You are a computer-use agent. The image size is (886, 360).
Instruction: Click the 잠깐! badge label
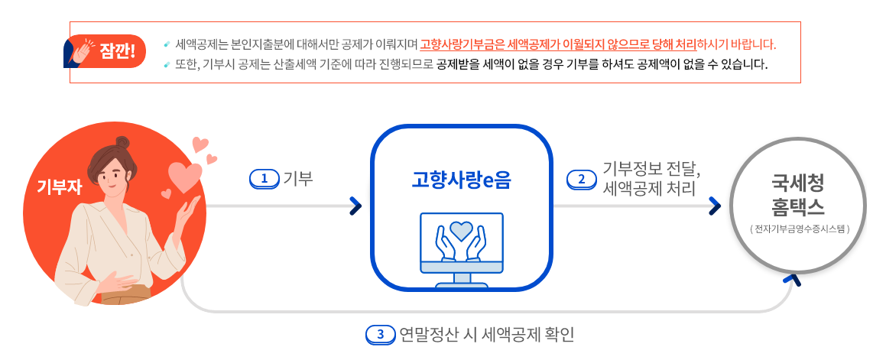117,52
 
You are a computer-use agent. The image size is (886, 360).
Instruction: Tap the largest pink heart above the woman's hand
183,177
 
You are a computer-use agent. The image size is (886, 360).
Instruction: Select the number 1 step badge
265,179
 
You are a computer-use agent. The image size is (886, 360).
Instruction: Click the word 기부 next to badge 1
298,179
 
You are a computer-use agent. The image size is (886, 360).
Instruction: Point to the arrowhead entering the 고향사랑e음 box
355,206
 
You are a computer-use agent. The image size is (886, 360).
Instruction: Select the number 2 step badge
581,179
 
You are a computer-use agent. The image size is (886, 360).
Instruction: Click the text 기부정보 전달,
651,168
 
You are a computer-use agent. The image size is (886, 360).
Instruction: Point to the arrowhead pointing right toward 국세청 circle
716,206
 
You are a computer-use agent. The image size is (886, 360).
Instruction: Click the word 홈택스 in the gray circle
798,206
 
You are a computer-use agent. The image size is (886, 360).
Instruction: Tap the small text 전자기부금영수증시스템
798,229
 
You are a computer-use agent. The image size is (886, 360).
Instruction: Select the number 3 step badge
380,335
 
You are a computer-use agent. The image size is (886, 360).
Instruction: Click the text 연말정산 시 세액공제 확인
486,335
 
